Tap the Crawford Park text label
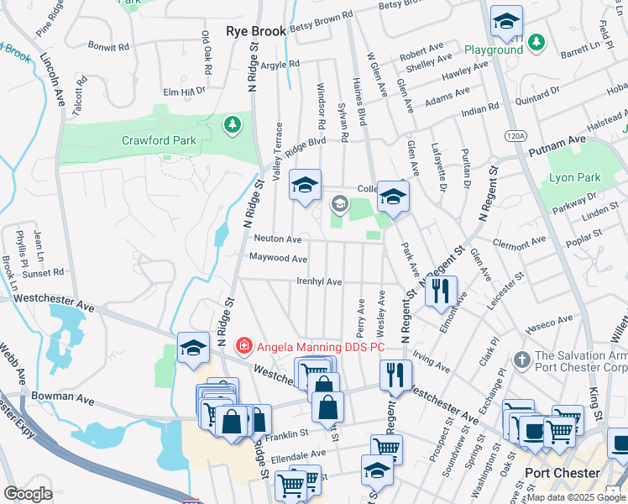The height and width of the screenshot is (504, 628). [158, 140]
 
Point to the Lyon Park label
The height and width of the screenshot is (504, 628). [574, 178]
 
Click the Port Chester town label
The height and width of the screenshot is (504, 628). [563, 473]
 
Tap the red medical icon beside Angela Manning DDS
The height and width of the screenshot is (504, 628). [243, 344]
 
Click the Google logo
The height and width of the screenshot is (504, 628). [28, 494]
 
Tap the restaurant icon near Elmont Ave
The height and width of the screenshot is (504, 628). [441, 291]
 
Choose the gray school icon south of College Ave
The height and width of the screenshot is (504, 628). [339, 202]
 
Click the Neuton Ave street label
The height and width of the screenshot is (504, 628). [278, 239]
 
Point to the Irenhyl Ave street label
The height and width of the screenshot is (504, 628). [318, 281]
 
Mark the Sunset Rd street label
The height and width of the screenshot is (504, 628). [47, 272]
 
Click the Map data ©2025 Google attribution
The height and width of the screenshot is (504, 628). [576, 497]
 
